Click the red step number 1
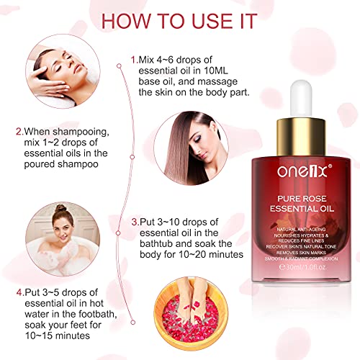[x=132, y=58]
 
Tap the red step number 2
[x=19, y=132]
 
